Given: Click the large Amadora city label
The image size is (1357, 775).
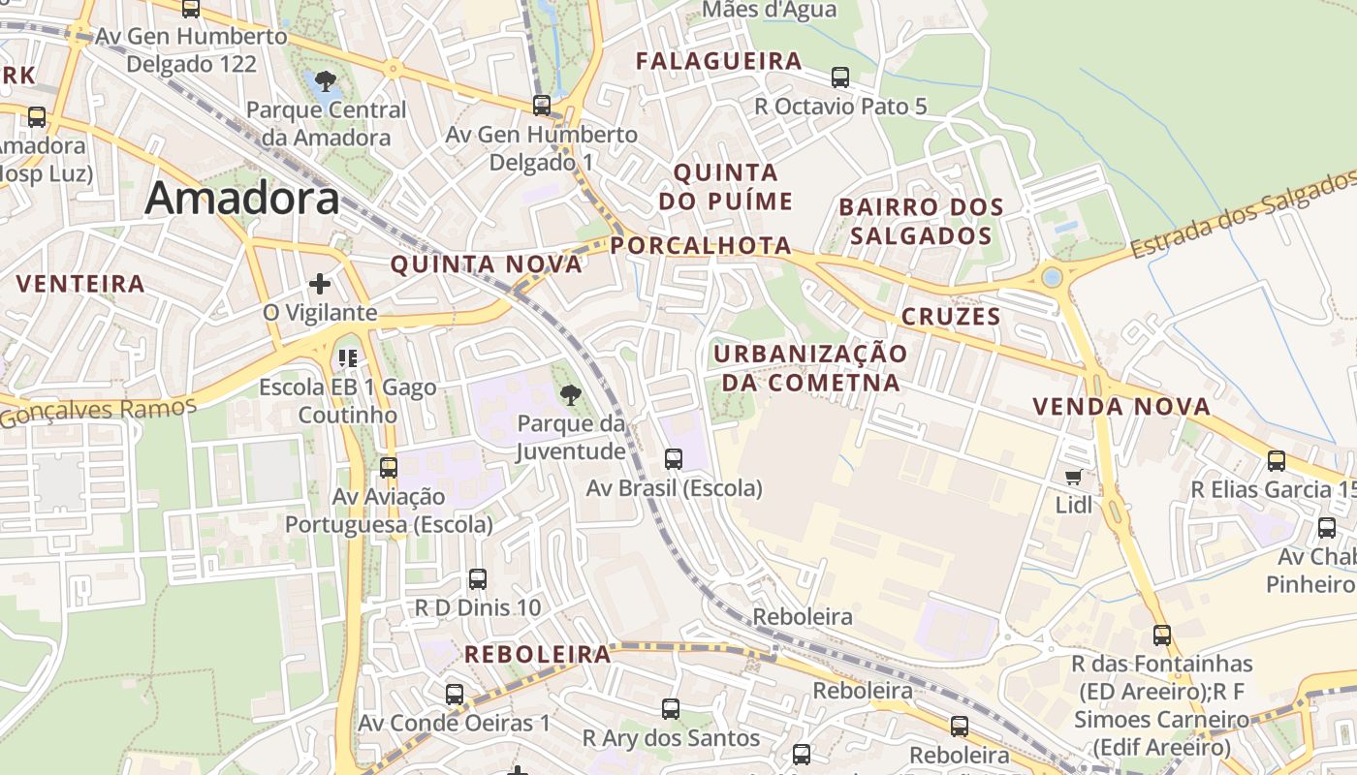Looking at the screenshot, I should (x=242, y=199).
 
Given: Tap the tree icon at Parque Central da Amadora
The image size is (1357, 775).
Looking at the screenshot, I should (x=326, y=80).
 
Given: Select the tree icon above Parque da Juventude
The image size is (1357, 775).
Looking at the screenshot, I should (x=571, y=394).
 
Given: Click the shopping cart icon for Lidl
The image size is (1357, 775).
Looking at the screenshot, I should (x=1073, y=476).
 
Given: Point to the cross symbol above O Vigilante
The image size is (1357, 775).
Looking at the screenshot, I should (x=319, y=284).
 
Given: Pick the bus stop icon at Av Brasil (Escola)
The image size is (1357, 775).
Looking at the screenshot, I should (x=674, y=459).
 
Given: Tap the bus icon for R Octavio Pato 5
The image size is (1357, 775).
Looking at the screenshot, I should (x=840, y=77).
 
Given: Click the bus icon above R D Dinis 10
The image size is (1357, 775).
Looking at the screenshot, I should (x=478, y=579).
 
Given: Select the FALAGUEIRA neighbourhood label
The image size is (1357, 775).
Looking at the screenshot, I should (x=718, y=61).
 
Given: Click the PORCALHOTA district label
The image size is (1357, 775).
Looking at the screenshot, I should (x=702, y=245).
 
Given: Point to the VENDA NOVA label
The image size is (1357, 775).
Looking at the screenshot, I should (x=1121, y=407).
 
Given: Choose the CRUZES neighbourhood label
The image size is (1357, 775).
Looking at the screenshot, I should (x=951, y=317).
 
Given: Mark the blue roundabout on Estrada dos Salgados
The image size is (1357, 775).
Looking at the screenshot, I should (x=1052, y=278).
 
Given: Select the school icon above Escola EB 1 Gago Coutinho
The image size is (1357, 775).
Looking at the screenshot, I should (x=348, y=358).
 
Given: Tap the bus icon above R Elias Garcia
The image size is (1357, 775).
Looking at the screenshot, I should (x=1277, y=461).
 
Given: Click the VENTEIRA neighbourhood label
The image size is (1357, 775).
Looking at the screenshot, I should (x=81, y=284).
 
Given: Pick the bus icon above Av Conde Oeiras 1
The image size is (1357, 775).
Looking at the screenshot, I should (x=455, y=695).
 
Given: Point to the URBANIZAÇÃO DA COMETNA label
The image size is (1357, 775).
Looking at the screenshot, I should (x=810, y=367).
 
